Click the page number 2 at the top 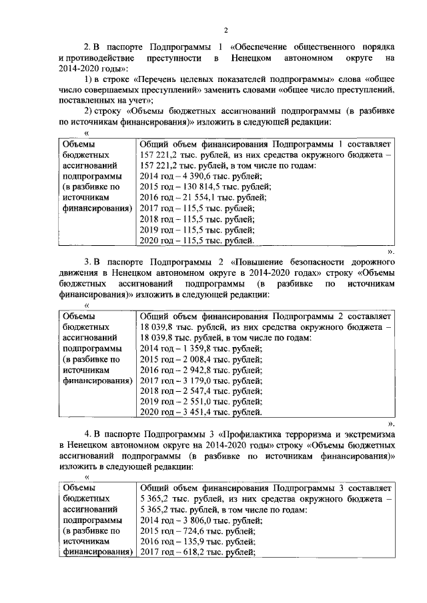226,30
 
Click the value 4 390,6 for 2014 193,176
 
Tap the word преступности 172,59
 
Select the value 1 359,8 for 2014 193,348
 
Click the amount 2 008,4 193,359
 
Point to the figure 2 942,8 193,370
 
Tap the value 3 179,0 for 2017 193,380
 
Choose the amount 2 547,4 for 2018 193,391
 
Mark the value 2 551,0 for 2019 193,402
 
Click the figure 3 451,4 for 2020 193,412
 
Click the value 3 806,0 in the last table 193,520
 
